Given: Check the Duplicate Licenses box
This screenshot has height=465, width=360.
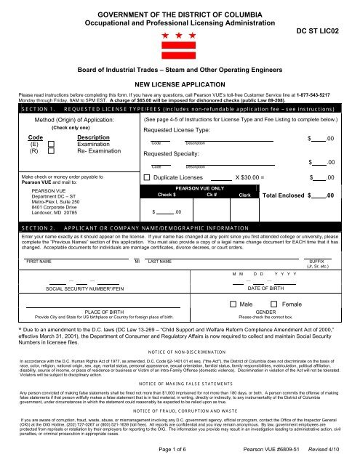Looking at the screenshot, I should pyautogui.click(x=148, y=177).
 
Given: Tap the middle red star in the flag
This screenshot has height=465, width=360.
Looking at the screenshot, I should pyautogui.click(x=180, y=35).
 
